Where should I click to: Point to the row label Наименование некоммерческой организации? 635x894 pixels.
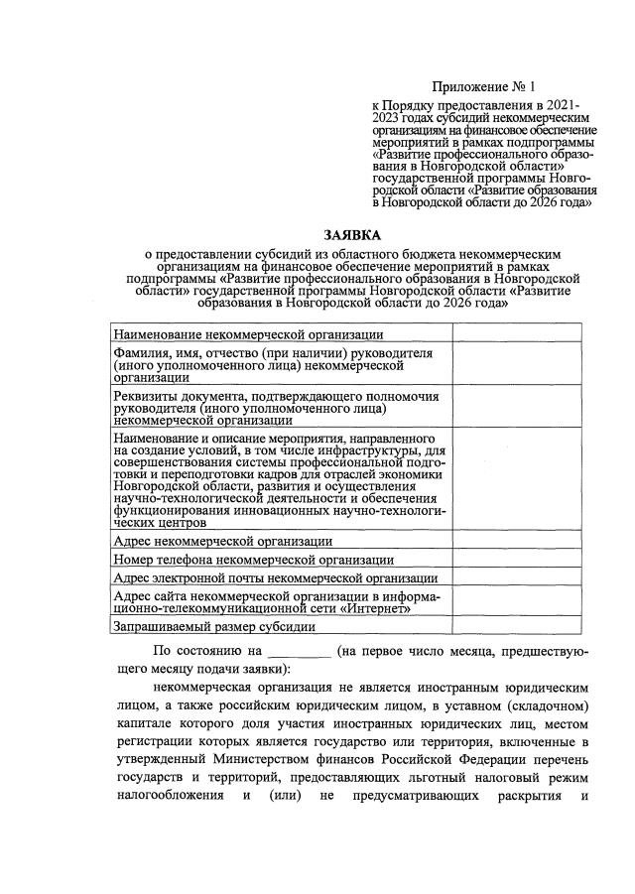click(x=242, y=334)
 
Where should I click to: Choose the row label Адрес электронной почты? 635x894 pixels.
click(x=275, y=578)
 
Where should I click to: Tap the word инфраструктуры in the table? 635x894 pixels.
click(x=379, y=451)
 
